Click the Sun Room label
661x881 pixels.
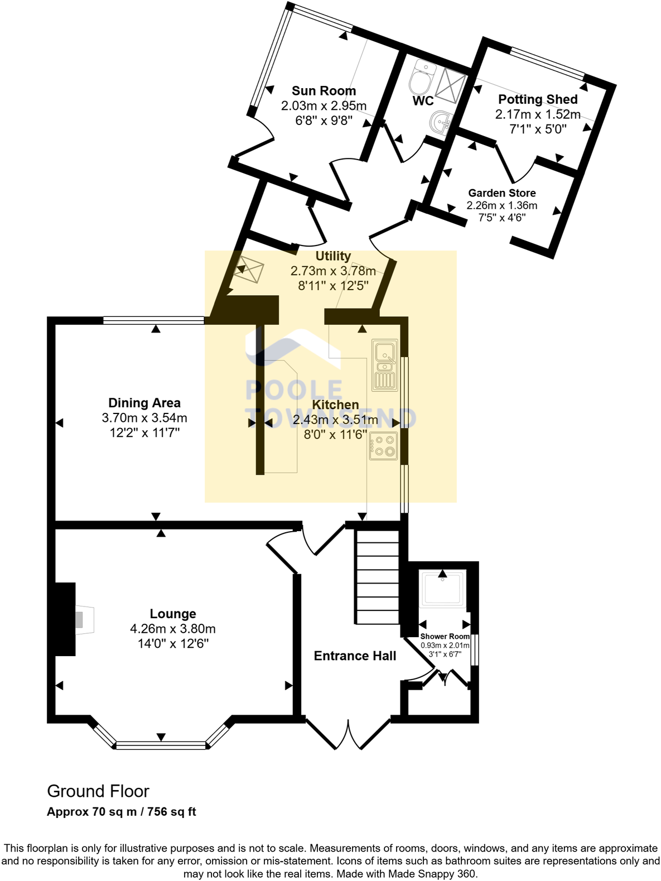[x=324, y=91]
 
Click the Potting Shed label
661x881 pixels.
[x=538, y=99]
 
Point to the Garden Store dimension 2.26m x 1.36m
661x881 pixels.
[x=501, y=205]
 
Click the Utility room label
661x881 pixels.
[x=333, y=256]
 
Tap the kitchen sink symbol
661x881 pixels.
[x=385, y=365]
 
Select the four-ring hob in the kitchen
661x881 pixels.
[x=383, y=445]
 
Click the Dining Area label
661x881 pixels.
[x=144, y=403]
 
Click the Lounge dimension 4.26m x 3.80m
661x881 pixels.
[x=173, y=629]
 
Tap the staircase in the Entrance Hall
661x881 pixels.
[x=378, y=577]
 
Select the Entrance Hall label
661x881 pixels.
[x=355, y=656]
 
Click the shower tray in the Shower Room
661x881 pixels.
[x=443, y=589]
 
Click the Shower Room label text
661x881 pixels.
[x=445, y=637]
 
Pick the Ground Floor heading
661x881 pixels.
[x=98, y=791]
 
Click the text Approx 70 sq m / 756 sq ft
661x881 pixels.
[x=121, y=812]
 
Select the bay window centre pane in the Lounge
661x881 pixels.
[x=161, y=744]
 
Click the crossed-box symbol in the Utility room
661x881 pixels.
[x=248, y=269]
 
